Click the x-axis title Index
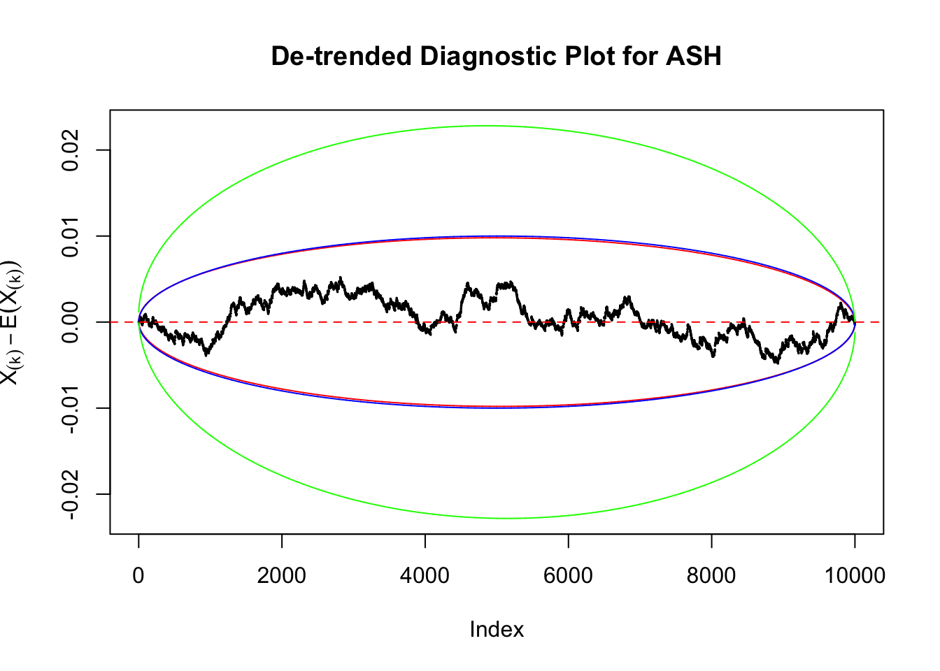coord(497,630)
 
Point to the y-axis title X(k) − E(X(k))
coord(12,322)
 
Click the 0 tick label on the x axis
coord(138,576)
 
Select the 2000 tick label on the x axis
coord(282,576)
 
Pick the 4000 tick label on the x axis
coord(425,576)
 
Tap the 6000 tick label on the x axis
coord(568,576)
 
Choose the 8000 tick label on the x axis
coord(711,576)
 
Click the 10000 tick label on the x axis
coord(855,576)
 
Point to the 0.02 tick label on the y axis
coord(70,150)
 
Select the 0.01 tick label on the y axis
coord(70,236)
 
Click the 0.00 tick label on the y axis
coord(70,322)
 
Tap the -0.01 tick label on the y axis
coord(70,408)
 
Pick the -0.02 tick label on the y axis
coord(70,494)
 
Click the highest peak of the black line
coord(341,277)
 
